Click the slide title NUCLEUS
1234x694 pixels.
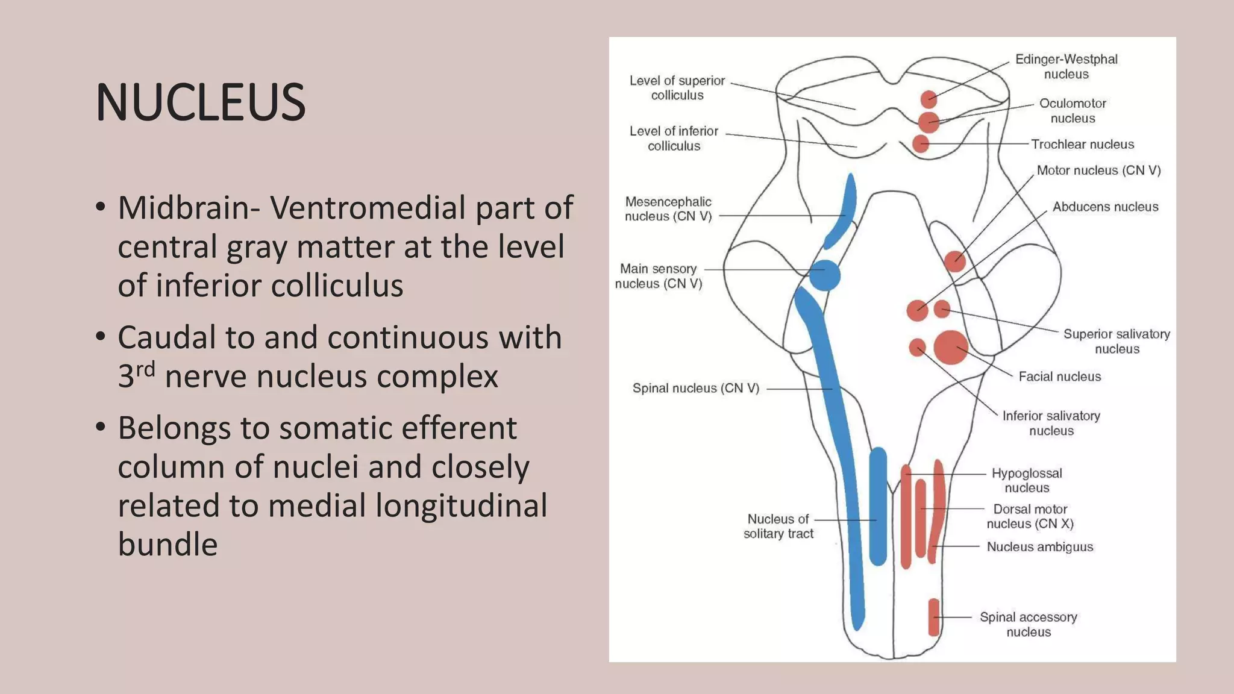(200, 102)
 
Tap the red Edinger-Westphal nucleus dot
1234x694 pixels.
(929, 99)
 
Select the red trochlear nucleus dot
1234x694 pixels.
(921, 144)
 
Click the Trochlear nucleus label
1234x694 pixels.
(1082, 145)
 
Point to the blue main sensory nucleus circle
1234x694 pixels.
(825, 275)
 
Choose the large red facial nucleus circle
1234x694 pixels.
(951, 348)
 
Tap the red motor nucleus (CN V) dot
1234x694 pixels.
(954, 261)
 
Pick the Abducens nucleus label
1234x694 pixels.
(1105, 207)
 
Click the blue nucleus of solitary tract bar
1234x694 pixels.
(878, 506)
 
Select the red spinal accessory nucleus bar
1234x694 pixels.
(933, 617)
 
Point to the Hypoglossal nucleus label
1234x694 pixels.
(1027, 481)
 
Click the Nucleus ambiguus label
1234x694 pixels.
(1039, 547)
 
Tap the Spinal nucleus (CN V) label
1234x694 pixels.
(695, 389)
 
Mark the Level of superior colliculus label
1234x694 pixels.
(677, 88)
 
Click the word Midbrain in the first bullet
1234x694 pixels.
(189, 208)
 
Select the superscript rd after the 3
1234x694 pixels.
(145, 368)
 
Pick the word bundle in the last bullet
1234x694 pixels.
(168, 545)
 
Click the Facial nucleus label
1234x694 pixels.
(1059, 377)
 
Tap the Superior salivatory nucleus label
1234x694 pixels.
(1117, 342)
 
